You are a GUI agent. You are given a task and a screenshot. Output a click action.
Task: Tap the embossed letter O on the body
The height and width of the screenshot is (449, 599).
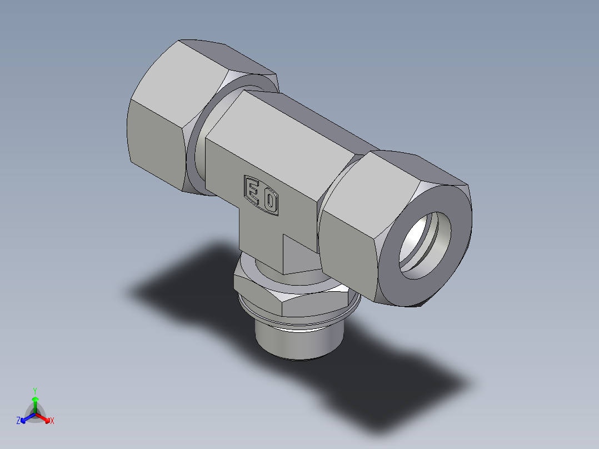[270, 202]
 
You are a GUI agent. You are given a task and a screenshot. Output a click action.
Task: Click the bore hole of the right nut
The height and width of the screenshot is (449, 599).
[425, 246]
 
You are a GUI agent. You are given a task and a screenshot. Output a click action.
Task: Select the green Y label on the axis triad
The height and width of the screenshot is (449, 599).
[34, 390]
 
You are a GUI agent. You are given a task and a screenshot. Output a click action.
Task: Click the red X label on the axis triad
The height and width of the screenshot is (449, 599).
[52, 421]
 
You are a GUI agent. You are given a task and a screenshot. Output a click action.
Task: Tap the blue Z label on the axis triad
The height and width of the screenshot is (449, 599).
[18, 421]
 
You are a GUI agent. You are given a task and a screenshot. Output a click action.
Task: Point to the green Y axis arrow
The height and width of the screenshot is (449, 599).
[35, 403]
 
